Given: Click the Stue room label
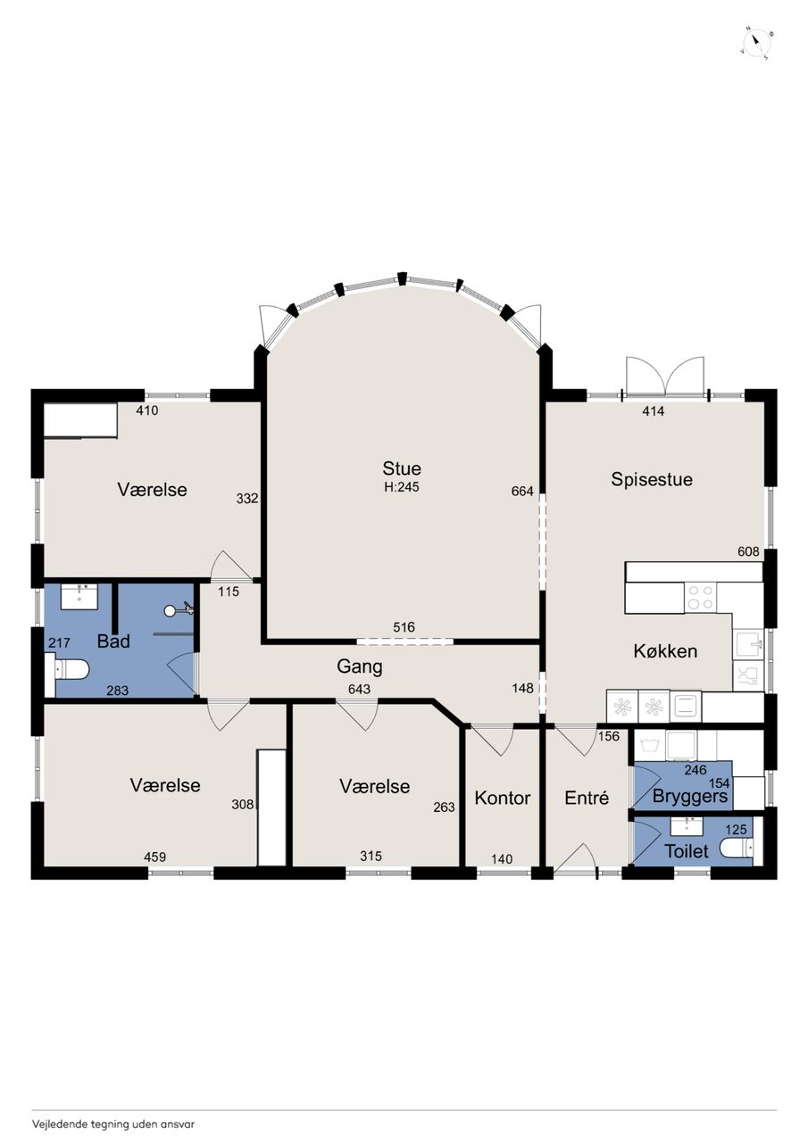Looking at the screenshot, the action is click(x=402, y=468).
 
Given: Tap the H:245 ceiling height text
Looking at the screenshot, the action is click(x=402, y=487).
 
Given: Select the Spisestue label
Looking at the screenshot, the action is click(x=652, y=480).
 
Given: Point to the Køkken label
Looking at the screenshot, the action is click(x=665, y=651).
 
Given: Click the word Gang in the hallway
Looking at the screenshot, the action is click(x=360, y=666).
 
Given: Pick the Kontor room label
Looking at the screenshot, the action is click(x=503, y=798).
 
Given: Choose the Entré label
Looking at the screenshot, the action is click(x=587, y=798).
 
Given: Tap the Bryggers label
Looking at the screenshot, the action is click(x=690, y=797).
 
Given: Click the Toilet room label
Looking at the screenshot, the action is click(x=687, y=851).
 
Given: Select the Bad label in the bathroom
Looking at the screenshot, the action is click(x=113, y=641).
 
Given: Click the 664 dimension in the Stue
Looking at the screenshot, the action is click(x=522, y=491).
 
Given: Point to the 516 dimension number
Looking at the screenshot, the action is click(x=404, y=627).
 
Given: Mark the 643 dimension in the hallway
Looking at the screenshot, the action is click(x=359, y=690).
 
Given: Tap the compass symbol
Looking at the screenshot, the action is click(x=757, y=43).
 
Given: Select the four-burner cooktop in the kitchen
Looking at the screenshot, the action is click(x=700, y=598).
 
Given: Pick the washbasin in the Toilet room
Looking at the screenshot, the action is click(x=687, y=825).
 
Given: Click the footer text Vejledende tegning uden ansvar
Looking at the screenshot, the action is click(x=113, y=1109).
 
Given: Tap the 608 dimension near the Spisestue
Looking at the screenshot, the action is click(x=748, y=551).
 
